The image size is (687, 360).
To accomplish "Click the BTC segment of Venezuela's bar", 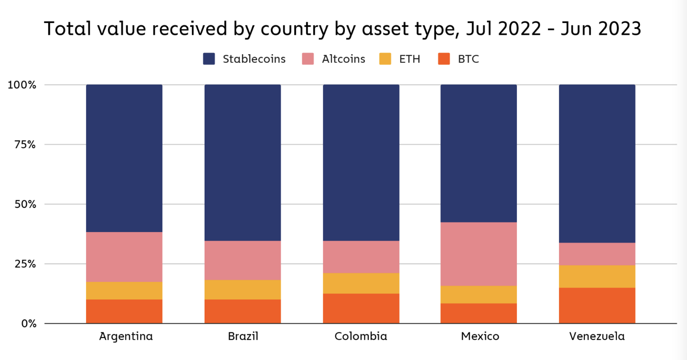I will [597, 305].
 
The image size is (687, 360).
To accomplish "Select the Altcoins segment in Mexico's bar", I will [478, 254].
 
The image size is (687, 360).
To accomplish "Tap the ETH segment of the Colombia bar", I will [361, 283].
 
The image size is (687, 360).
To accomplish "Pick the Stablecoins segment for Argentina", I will [124, 158].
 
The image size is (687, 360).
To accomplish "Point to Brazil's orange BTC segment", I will [243, 311].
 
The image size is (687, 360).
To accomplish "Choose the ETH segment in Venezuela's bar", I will [597, 276].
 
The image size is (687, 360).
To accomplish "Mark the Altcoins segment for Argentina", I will [124, 257].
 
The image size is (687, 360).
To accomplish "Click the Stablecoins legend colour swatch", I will [209, 59].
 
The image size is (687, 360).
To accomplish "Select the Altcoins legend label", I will [343, 59].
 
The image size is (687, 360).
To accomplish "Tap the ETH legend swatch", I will [385, 59].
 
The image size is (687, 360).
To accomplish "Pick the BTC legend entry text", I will [468, 59].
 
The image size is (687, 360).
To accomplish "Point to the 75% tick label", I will [22, 145].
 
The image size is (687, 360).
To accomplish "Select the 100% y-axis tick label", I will [21, 85].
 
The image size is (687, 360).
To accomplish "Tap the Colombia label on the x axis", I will [361, 336].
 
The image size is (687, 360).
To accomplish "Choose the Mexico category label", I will [480, 336].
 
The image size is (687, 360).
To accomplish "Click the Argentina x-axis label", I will [126, 336].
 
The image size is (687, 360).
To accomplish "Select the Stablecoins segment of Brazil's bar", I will [243, 163].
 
